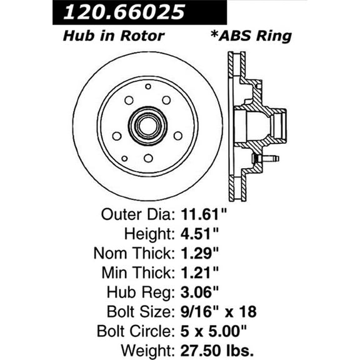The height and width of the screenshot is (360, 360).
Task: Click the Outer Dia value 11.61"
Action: [x=201, y=216]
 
